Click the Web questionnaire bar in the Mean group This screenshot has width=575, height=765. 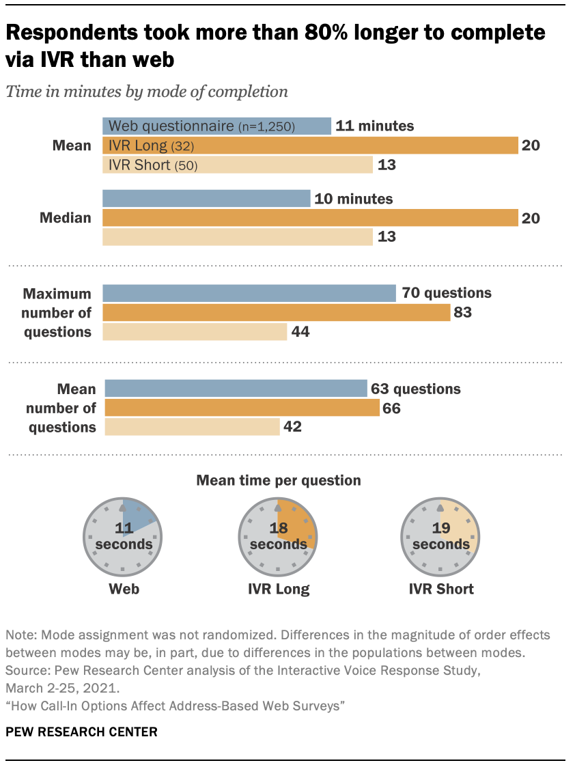click(x=216, y=126)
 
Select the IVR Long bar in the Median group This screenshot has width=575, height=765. click(x=310, y=218)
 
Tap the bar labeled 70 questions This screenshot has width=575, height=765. click(x=249, y=293)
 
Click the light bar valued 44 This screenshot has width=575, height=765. click(x=195, y=332)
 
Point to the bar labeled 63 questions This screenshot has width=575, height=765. click(x=235, y=389)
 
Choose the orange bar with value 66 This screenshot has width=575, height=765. click(x=241, y=408)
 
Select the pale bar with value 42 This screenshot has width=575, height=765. click(x=191, y=427)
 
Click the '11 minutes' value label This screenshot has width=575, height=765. click(x=376, y=126)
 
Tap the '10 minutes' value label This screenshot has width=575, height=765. click(x=353, y=199)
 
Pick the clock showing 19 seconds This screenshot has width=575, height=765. click(x=441, y=537)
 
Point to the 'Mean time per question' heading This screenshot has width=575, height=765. click(x=279, y=480)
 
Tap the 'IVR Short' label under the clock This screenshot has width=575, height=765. click(x=441, y=589)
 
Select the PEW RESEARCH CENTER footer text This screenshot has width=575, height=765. click(x=81, y=732)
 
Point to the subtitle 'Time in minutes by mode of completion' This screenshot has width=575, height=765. click(x=147, y=92)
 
